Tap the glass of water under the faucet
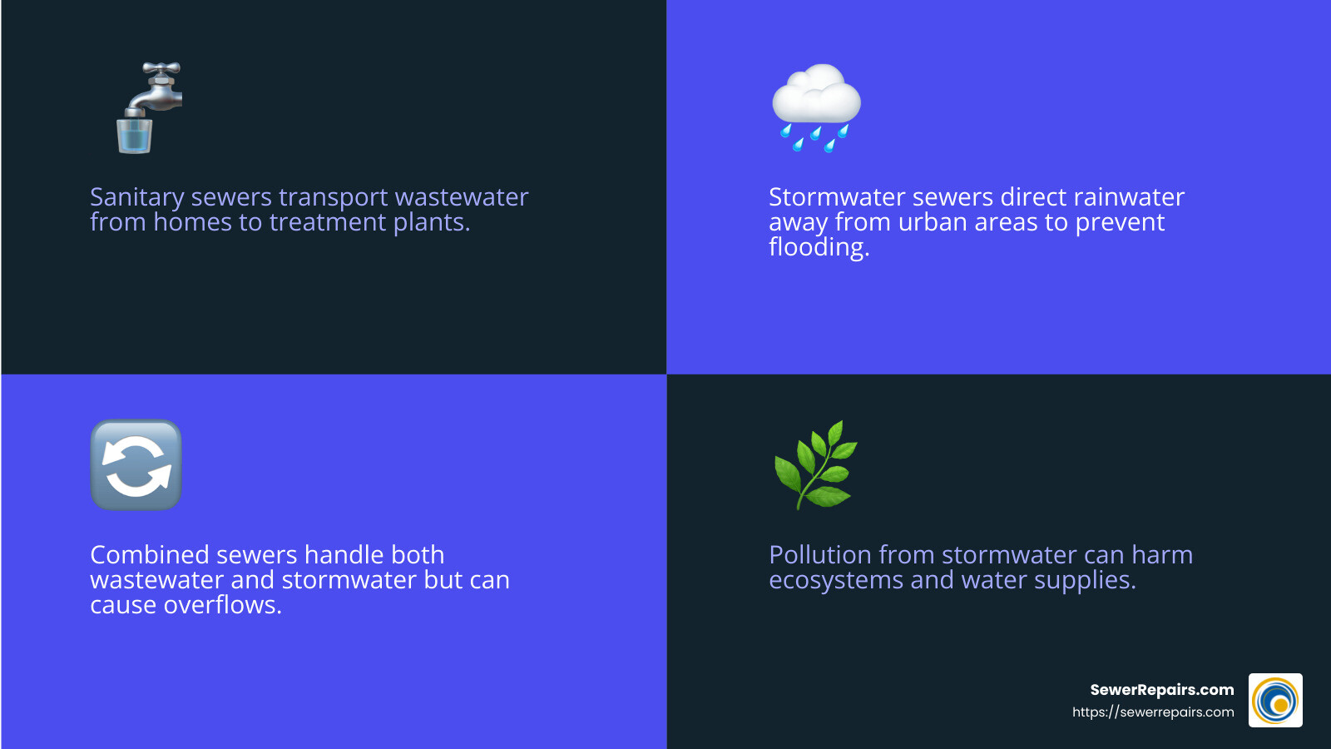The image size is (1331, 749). (134, 136)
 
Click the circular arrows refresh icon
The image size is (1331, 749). (136, 465)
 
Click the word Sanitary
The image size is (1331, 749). (136, 198)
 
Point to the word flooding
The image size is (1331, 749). (819, 248)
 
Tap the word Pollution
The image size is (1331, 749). (820, 555)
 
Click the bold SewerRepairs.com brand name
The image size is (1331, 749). (1161, 690)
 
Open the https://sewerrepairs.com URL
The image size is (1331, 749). (1152, 712)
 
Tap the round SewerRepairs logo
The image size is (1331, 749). (1275, 701)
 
